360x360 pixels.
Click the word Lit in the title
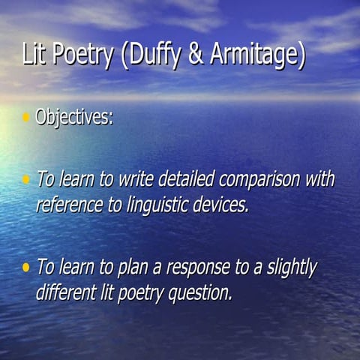pos(34,57)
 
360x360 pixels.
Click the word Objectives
pos(73,118)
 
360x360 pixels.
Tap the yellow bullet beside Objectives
pos(26,117)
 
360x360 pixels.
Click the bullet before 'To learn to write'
pos(26,179)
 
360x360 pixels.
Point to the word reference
pos(68,204)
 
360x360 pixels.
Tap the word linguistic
pos(151,205)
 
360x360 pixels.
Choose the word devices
pos(218,204)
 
